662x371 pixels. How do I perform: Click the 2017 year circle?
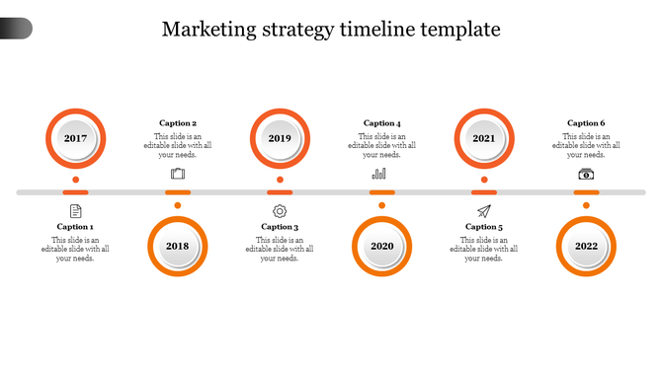pos(76,138)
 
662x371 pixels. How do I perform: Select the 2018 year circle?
pos(178,246)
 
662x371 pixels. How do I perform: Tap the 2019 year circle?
pos(280,138)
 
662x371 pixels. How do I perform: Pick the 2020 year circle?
pos(382,246)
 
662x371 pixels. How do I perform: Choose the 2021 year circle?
pos(484,138)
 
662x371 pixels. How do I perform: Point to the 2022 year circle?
pos(586,246)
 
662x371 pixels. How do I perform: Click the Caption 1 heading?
pos(75,227)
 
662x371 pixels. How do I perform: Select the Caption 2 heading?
pos(178,123)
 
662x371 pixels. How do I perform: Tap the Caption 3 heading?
pos(280,227)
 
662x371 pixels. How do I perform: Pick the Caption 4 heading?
pos(382,123)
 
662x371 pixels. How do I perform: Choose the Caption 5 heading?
pos(484,227)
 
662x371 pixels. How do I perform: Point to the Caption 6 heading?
pos(585,123)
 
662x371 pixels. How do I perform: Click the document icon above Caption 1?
pos(76,211)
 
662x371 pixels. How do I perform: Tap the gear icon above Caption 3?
pos(280,211)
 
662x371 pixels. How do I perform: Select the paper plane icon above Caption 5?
pos(484,211)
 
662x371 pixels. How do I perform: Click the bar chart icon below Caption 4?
pos(379,174)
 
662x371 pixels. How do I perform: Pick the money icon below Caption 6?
pos(586,174)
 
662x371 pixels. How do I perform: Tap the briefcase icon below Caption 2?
pos(178,174)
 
